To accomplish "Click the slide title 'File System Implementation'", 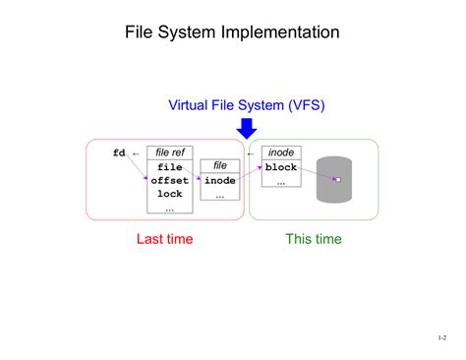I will tap(232, 32).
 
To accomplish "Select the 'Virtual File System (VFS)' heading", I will tap(247, 105).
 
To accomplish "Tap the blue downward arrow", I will tap(247, 128).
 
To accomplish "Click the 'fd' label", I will tap(119, 152).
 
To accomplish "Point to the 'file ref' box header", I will tap(168, 152).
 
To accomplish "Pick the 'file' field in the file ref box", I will tap(169, 167).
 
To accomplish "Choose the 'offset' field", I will tap(169, 181).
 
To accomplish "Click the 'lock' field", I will tap(169, 194).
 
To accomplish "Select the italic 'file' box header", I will tap(220, 166).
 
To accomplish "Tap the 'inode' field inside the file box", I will tap(220, 181).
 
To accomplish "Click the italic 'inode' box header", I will tap(281, 152).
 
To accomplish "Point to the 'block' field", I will tap(281, 167).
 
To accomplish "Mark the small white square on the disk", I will tap(336, 179).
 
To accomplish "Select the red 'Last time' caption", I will tap(164, 239).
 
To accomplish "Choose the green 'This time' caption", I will tap(314, 239).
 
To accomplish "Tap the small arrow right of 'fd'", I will tap(136, 152).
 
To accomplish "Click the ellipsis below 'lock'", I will tap(169, 208).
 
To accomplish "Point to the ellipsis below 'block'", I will tap(281, 182).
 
